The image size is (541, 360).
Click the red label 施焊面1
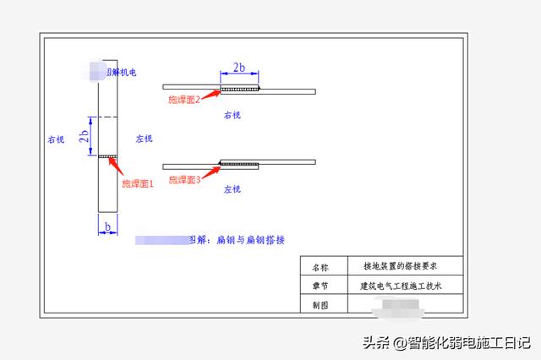click(x=138, y=183)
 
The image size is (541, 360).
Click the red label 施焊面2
click(x=185, y=101)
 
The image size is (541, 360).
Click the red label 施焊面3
click(x=185, y=179)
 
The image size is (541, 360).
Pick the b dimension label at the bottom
click(x=108, y=226)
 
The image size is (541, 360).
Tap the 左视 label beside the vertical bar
click(x=145, y=138)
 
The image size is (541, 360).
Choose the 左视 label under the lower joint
click(x=234, y=190)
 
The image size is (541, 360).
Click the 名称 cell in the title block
click(x=319, y=265)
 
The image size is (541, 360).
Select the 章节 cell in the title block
click(x=319, y=286)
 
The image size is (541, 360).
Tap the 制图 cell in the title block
click(x=319, y=306)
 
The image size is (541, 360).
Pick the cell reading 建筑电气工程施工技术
click(x=401, y=286)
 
